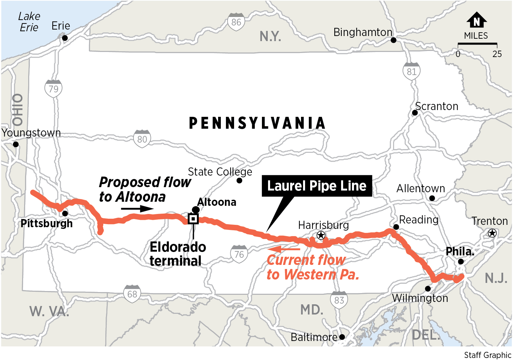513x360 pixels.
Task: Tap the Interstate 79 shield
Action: (x=53, y=89)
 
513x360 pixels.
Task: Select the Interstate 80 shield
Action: (x=142, y=139)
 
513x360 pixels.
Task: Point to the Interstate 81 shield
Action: (x=411, y=71)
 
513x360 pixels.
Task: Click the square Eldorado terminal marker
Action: (x=193, y=219)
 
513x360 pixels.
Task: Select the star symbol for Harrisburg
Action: (x=321, y=235)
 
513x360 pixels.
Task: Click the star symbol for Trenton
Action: (x=492, y=233)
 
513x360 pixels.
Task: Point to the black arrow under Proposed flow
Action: (x=137, y=209)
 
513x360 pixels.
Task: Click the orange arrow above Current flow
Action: (x=283, y=249)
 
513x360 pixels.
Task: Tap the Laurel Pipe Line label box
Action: (x=317, y=186)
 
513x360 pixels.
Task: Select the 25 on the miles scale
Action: (x=497, y=54)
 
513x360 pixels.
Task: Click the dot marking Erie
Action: (x=65, y=38)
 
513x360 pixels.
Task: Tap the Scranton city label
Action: (x=437, y=106)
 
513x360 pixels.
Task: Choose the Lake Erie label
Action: (x=29, y=22)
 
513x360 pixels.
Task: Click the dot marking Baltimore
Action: (x=342, y=337)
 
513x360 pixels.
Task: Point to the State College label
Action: (x=220, y=172)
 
